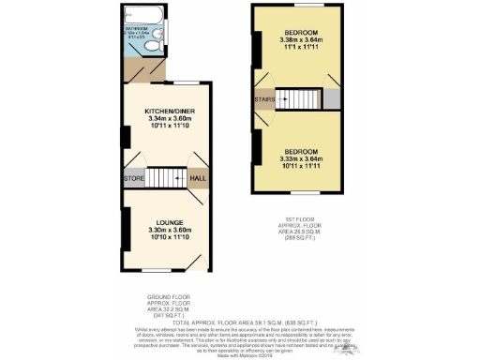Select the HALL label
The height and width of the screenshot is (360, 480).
pyautogui.click(x=199, y=177)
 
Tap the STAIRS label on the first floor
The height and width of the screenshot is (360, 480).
pyautogui.click(x=262, y=98)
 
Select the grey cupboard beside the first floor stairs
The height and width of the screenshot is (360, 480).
pyautogui.click(x=332, y=98)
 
